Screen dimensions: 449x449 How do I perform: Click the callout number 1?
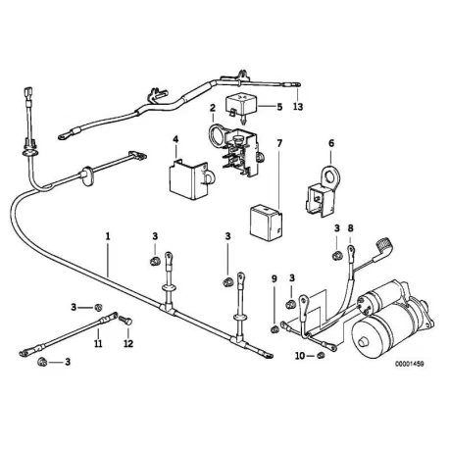(x=108, y=236)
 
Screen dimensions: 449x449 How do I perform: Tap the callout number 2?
(x=213, y=108)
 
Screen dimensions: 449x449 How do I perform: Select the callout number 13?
(x=298, y=107)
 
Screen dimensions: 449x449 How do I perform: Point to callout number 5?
(x=279, y=107)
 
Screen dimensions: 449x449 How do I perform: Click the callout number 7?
(x=279, y=143)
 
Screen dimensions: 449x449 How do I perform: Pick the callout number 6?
(x=331, y=143)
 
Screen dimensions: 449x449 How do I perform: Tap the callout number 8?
(x=350, y=228)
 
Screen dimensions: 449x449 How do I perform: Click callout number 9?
(x=274, y=278)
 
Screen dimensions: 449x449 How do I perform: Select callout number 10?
(x=300, y=356)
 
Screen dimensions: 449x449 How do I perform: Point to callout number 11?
(x=98, y=343)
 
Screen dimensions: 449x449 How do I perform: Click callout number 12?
(x=128, y=343)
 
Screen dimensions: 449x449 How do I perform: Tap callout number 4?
(x=175, y=139)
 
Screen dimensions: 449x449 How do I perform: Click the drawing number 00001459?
(x=410, y=364)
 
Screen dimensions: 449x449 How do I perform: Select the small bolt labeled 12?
(x=125, y=320)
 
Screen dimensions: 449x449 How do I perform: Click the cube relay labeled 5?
(x=241, y=106)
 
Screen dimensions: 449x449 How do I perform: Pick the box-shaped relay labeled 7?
(x=266, y=223)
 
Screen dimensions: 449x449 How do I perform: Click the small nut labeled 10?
(x=321, y=356)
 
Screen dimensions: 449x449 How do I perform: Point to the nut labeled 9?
(x=274, y=329)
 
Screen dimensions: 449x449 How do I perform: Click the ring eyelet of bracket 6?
(x=330, y=176)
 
